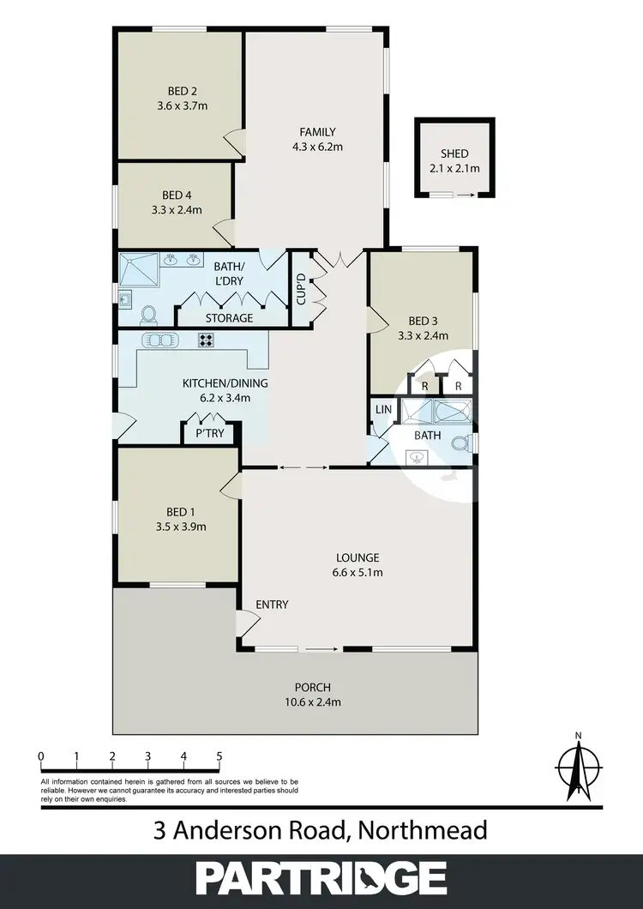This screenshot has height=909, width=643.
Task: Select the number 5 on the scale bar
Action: click(x=219, y=755)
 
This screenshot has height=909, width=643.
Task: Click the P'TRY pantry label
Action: click(x=210, y=434)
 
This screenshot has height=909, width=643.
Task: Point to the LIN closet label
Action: click(x=383, y=410)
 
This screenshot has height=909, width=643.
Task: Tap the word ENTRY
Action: click(x=272, y=605)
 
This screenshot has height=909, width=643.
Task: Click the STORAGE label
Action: click(x=229, y=318)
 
